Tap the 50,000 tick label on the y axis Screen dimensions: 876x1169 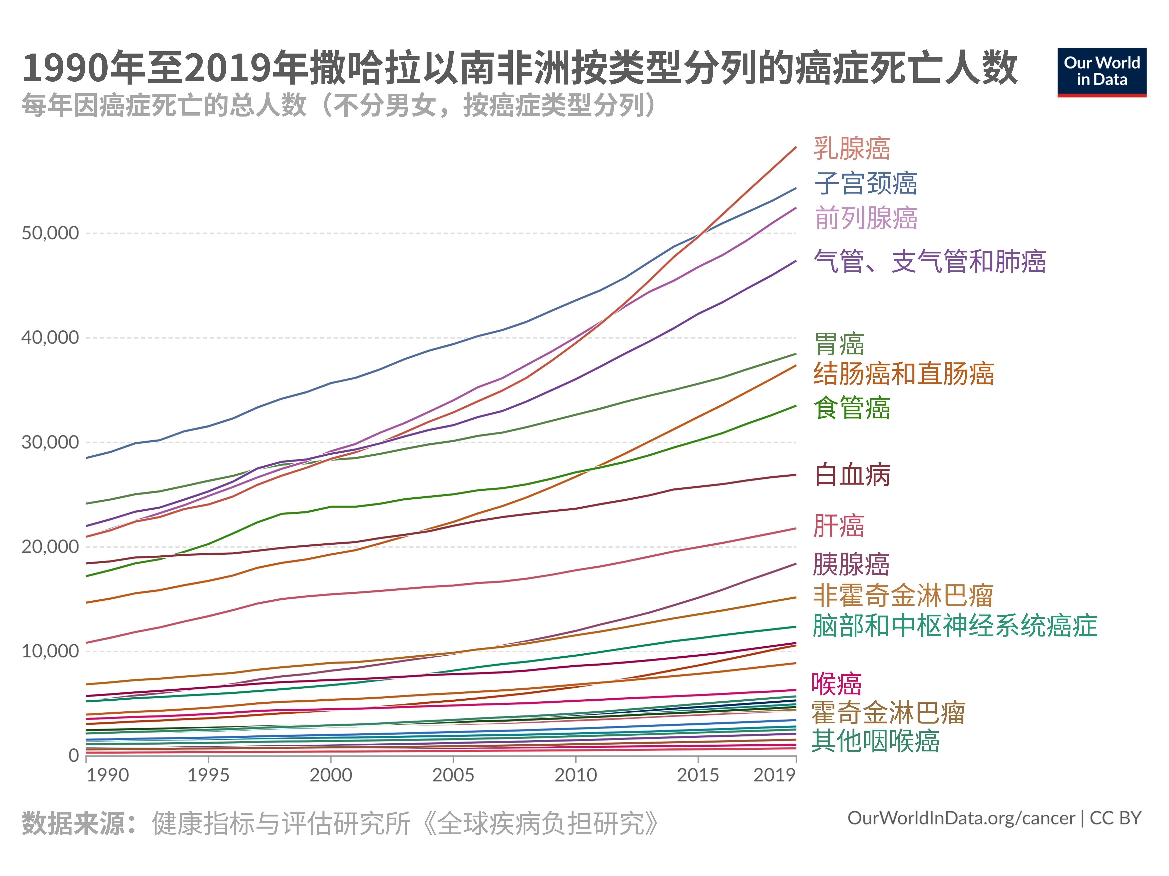pos(50,233)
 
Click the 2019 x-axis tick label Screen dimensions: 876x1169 pos(774,775)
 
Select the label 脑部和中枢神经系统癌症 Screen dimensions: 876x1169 pos(954,626)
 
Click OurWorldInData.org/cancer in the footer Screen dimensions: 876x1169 pos(961,818)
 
